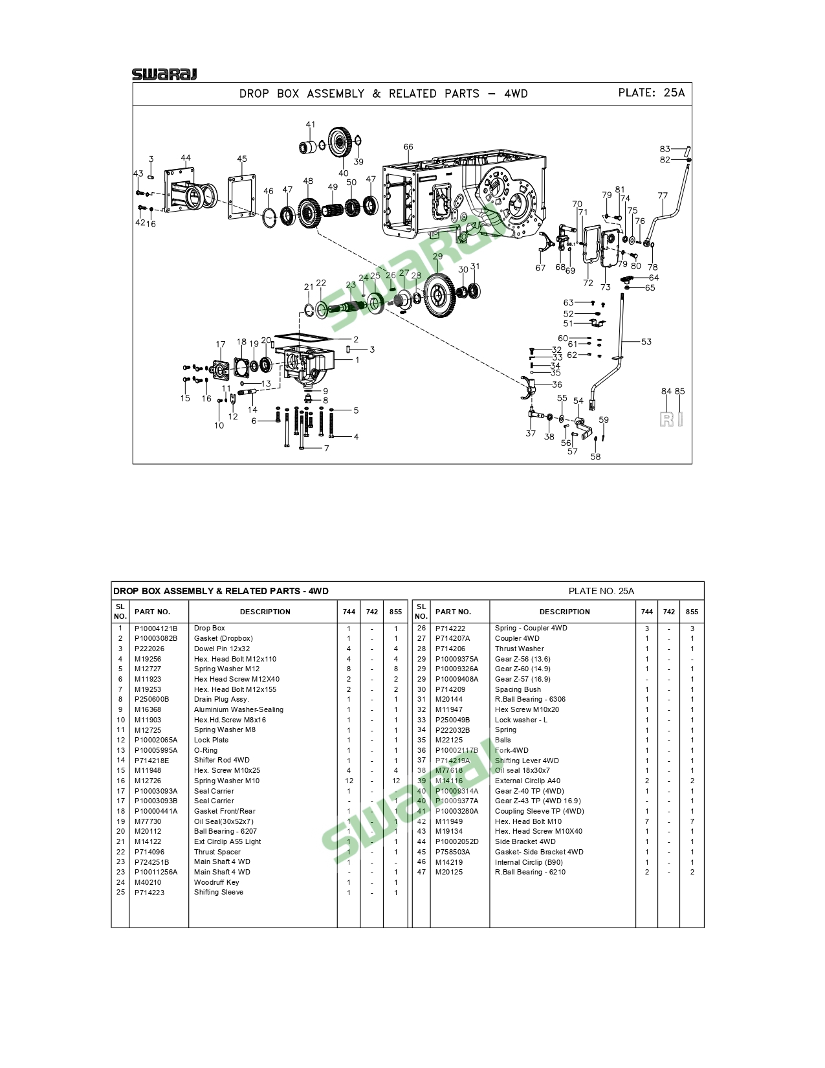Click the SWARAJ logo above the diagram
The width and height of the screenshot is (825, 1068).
coord(164,74)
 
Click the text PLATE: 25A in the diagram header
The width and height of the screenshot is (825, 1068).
coord(651,93)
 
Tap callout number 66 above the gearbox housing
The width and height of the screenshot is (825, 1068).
coord(408,147)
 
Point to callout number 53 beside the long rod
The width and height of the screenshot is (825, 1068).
coord(646,342)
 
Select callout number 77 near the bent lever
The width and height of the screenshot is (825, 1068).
coord(663,195)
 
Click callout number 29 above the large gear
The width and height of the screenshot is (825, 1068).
coord(438,257)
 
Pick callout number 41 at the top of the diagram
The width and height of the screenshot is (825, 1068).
coord(311,124)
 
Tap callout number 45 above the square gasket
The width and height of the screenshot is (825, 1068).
coord(242,159)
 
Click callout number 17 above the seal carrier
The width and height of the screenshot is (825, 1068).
coord(221,344)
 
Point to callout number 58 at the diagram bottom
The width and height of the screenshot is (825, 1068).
coord(595,456)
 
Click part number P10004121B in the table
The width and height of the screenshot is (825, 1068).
coord(156,629)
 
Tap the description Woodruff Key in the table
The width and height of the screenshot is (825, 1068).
coord(216,882)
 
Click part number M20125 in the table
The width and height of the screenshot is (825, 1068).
coord(449,872)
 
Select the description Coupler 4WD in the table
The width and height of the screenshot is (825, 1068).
coord(517,638)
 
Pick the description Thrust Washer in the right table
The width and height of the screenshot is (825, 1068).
coord(519,649)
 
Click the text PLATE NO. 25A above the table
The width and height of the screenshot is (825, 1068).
coord(601,591)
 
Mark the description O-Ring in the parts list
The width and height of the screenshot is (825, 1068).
coord(206,750)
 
